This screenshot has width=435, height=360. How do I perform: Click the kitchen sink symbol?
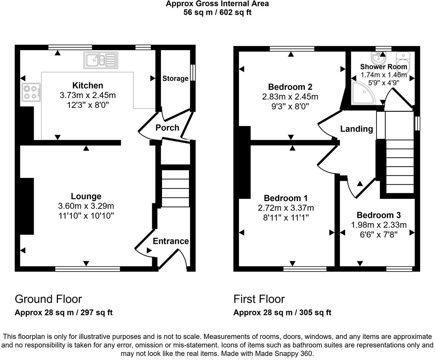point(101,60)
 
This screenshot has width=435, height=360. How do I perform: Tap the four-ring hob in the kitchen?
point(31,93)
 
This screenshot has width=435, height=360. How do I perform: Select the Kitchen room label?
point(88,86)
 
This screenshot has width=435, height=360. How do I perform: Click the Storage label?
point(175,78)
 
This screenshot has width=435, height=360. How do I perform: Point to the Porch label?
point(167,128)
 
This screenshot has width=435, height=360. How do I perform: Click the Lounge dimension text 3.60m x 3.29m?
point(86,206)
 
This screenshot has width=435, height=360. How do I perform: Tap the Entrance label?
point(171,241)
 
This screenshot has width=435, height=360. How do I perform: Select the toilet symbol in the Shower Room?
point(402,60)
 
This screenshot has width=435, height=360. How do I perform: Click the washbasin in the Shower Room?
point(378,57)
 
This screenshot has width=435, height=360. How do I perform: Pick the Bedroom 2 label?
point(290,87)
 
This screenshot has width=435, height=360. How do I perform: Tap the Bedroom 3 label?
point(378,215)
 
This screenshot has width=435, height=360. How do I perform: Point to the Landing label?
point(356,129)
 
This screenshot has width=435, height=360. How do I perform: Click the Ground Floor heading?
point(48,299)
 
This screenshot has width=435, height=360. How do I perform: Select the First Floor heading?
point(259,299)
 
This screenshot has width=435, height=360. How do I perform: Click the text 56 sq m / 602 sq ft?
point(217,12)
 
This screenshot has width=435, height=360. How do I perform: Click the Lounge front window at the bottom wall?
point(87,269)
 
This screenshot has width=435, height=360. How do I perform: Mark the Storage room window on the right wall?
point(193,73)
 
